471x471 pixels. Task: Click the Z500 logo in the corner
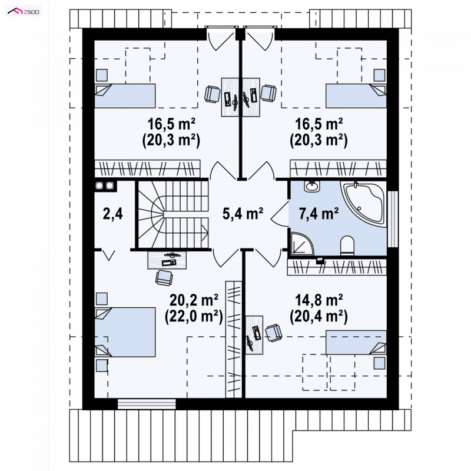coord(24,11)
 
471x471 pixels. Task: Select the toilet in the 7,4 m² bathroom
coord(347,246)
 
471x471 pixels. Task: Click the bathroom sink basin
coord(313,186)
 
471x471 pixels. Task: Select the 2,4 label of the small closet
coord(112,214)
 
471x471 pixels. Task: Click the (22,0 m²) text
coord(194,316)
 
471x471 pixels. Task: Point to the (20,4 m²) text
coord(319,316)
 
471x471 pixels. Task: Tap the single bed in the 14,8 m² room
coord(356,342)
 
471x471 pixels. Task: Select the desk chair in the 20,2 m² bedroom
coord(164,277)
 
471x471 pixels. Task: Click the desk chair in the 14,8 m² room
coord(273,333)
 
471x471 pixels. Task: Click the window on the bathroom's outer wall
coord(393,219)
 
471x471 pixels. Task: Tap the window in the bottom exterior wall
coord(147,404)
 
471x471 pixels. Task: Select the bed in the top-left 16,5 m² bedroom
coord(125,95)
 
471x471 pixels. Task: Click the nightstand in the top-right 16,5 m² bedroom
coord(379,75)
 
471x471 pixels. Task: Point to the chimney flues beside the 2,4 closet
coord(105,186)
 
